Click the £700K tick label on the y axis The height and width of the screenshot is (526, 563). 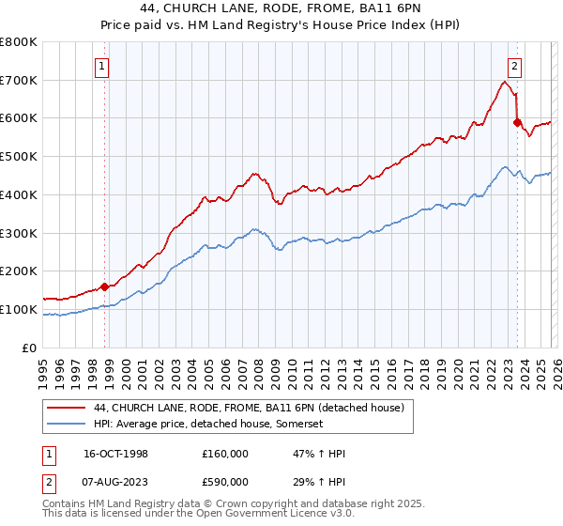click(19, 80)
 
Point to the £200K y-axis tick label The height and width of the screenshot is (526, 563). click(19, 271)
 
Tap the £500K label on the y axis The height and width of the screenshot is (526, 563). click(19, 156)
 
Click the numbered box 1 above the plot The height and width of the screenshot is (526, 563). click(101, 66)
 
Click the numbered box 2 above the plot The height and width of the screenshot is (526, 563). click(515, 66)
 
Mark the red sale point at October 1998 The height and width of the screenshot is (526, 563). click(105, 286)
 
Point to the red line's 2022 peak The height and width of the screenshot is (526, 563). click(505, 82)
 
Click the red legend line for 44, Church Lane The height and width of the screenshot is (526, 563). click(66, 408)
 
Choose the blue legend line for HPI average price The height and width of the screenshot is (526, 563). click(66, 424)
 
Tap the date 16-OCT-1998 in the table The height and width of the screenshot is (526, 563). click(116, 454)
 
